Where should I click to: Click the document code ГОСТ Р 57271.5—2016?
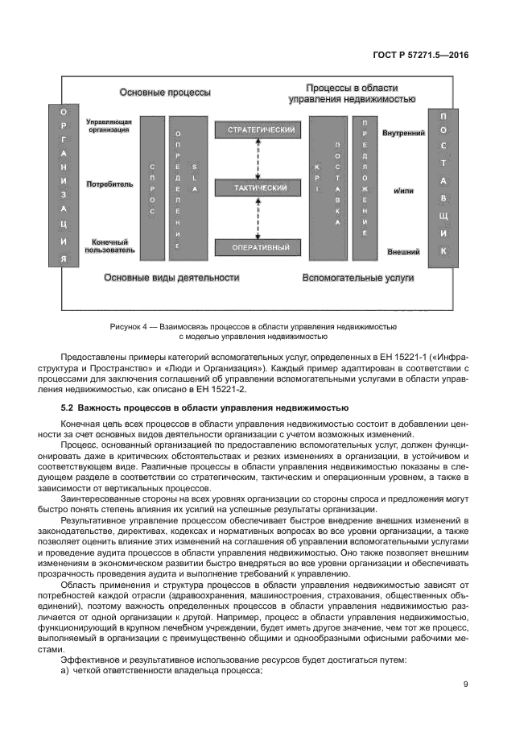click(x=431, y=56)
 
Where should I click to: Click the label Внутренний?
click(x=403, y=132)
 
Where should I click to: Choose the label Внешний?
click(x=403, y=251)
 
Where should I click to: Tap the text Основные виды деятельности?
click(x=172, y=278)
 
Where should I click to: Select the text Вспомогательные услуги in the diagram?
click(x=357, y=278)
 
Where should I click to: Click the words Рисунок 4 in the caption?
click(x=128, y=326)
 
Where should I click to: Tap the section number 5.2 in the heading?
click(x=68, y=409)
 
